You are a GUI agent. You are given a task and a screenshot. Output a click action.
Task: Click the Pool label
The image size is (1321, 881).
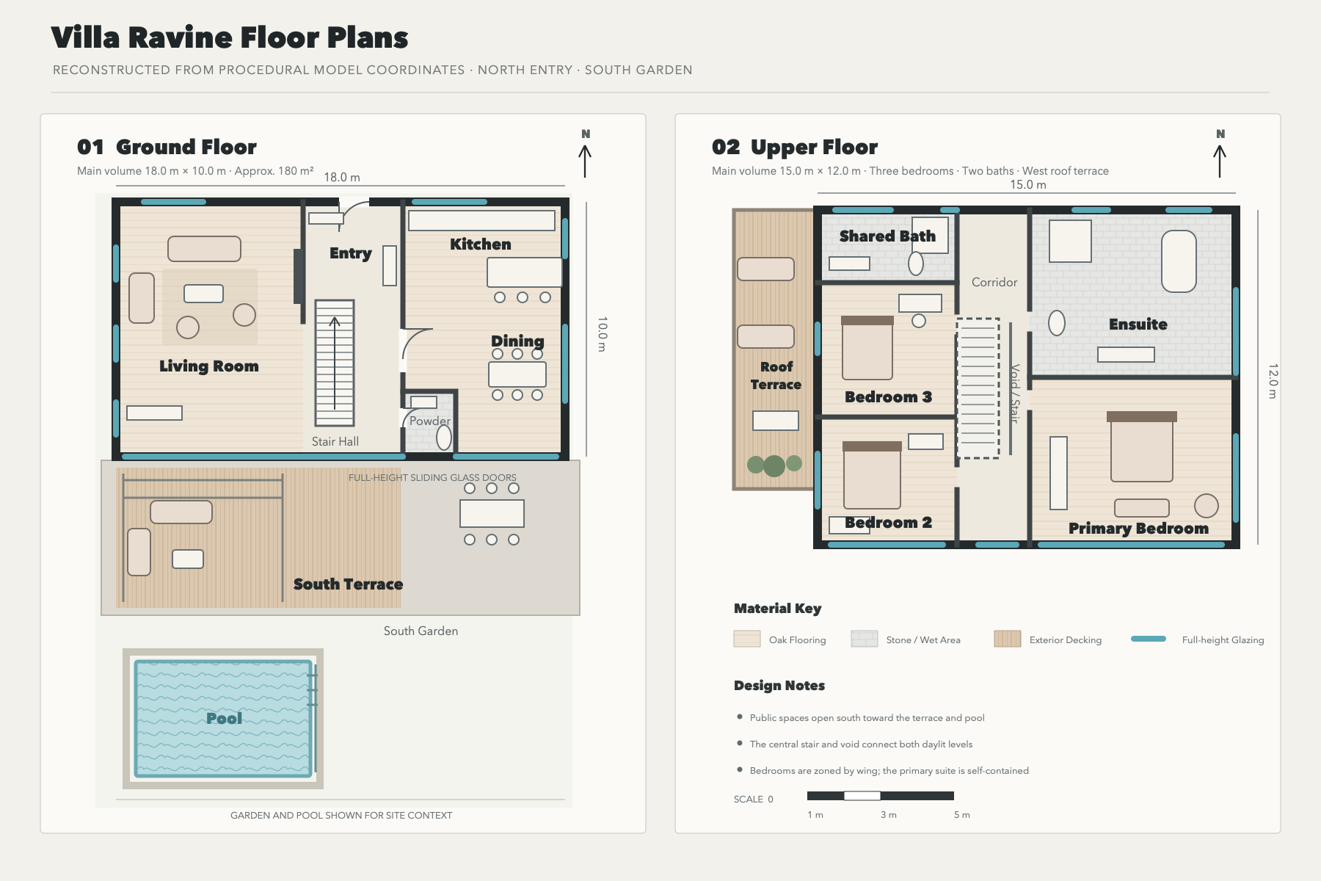(224, 718)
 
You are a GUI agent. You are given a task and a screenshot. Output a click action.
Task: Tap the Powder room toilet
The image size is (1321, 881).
(444, 438)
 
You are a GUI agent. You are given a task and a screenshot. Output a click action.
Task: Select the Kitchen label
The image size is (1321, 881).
(481, 244)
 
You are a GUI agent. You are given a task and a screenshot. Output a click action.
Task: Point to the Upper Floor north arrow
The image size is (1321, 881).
(1220, 161)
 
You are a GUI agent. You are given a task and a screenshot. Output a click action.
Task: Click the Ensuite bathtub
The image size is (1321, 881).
(1179, 261)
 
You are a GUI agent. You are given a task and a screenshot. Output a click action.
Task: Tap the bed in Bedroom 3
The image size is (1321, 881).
(867, 348)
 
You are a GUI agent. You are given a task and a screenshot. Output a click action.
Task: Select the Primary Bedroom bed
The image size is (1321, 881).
(1142, 446)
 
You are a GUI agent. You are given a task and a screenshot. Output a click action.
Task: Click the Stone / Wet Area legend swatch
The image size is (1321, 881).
(865, 639)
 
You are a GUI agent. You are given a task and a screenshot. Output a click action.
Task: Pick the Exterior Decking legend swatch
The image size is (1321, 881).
(1008, 639)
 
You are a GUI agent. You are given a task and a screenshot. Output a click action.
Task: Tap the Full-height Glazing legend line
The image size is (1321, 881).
(1149, 639)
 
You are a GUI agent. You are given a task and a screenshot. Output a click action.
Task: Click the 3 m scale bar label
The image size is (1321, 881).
(889, 815)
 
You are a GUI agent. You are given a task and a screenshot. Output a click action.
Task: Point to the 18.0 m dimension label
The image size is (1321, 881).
(342, 177)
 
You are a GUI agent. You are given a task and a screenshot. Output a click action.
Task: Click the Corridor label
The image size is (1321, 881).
(994, 282)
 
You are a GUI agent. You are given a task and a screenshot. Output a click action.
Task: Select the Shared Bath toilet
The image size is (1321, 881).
(916, 263)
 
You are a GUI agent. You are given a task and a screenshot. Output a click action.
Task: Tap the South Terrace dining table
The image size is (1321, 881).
(492, 514)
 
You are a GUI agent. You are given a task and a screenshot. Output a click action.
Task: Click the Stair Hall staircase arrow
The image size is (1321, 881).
(335, 363)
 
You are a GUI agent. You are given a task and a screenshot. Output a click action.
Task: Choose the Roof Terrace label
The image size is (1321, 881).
(776, 375)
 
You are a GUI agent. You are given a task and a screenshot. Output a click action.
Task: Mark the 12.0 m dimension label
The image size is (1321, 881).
(1273, 381)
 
